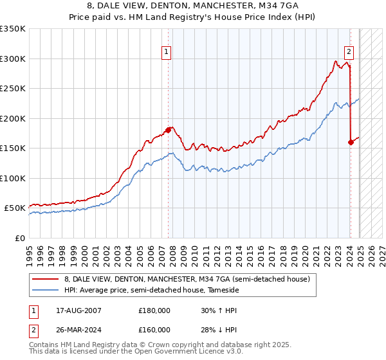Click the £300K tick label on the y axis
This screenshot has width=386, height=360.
[x=13, y=59]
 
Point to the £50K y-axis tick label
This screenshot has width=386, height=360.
[x=15, y=208]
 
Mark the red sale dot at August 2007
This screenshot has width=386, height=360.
[x=168, y=130]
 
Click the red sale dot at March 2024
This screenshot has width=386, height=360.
[x=351, y=142]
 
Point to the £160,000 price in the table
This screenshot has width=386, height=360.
[x=154, y=330]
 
